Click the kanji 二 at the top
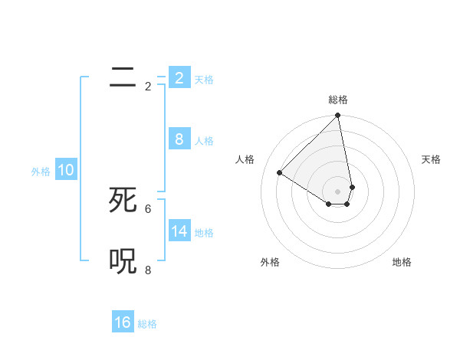click(x=123, y=77)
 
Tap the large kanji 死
click(x=123, y=200)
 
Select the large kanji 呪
click(x=123, y=261)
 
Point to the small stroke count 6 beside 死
click(x=148, y=208)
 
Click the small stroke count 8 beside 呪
click(x=148, y=270)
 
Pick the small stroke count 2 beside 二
click(x=148, y=87)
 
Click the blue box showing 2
click(x=179, y=78)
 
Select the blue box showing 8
click(x=179, y=139)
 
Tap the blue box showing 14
click(x=179, y=231)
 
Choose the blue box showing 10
click(x=66, y=170)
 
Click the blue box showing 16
click(x=123, y=322)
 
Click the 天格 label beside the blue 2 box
click(x=204, y=80)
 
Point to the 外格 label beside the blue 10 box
click(x=41, y=172)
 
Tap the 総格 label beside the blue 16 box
click(x=147, y=324)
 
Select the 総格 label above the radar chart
click(x=338, y=100)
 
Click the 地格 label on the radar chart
click(x=402, y=262)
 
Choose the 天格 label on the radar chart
click(x=431, y=159)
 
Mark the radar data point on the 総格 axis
click(x=338, y=116)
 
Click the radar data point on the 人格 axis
click(x=280, y=172)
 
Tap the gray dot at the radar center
click(x=338, y=191)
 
